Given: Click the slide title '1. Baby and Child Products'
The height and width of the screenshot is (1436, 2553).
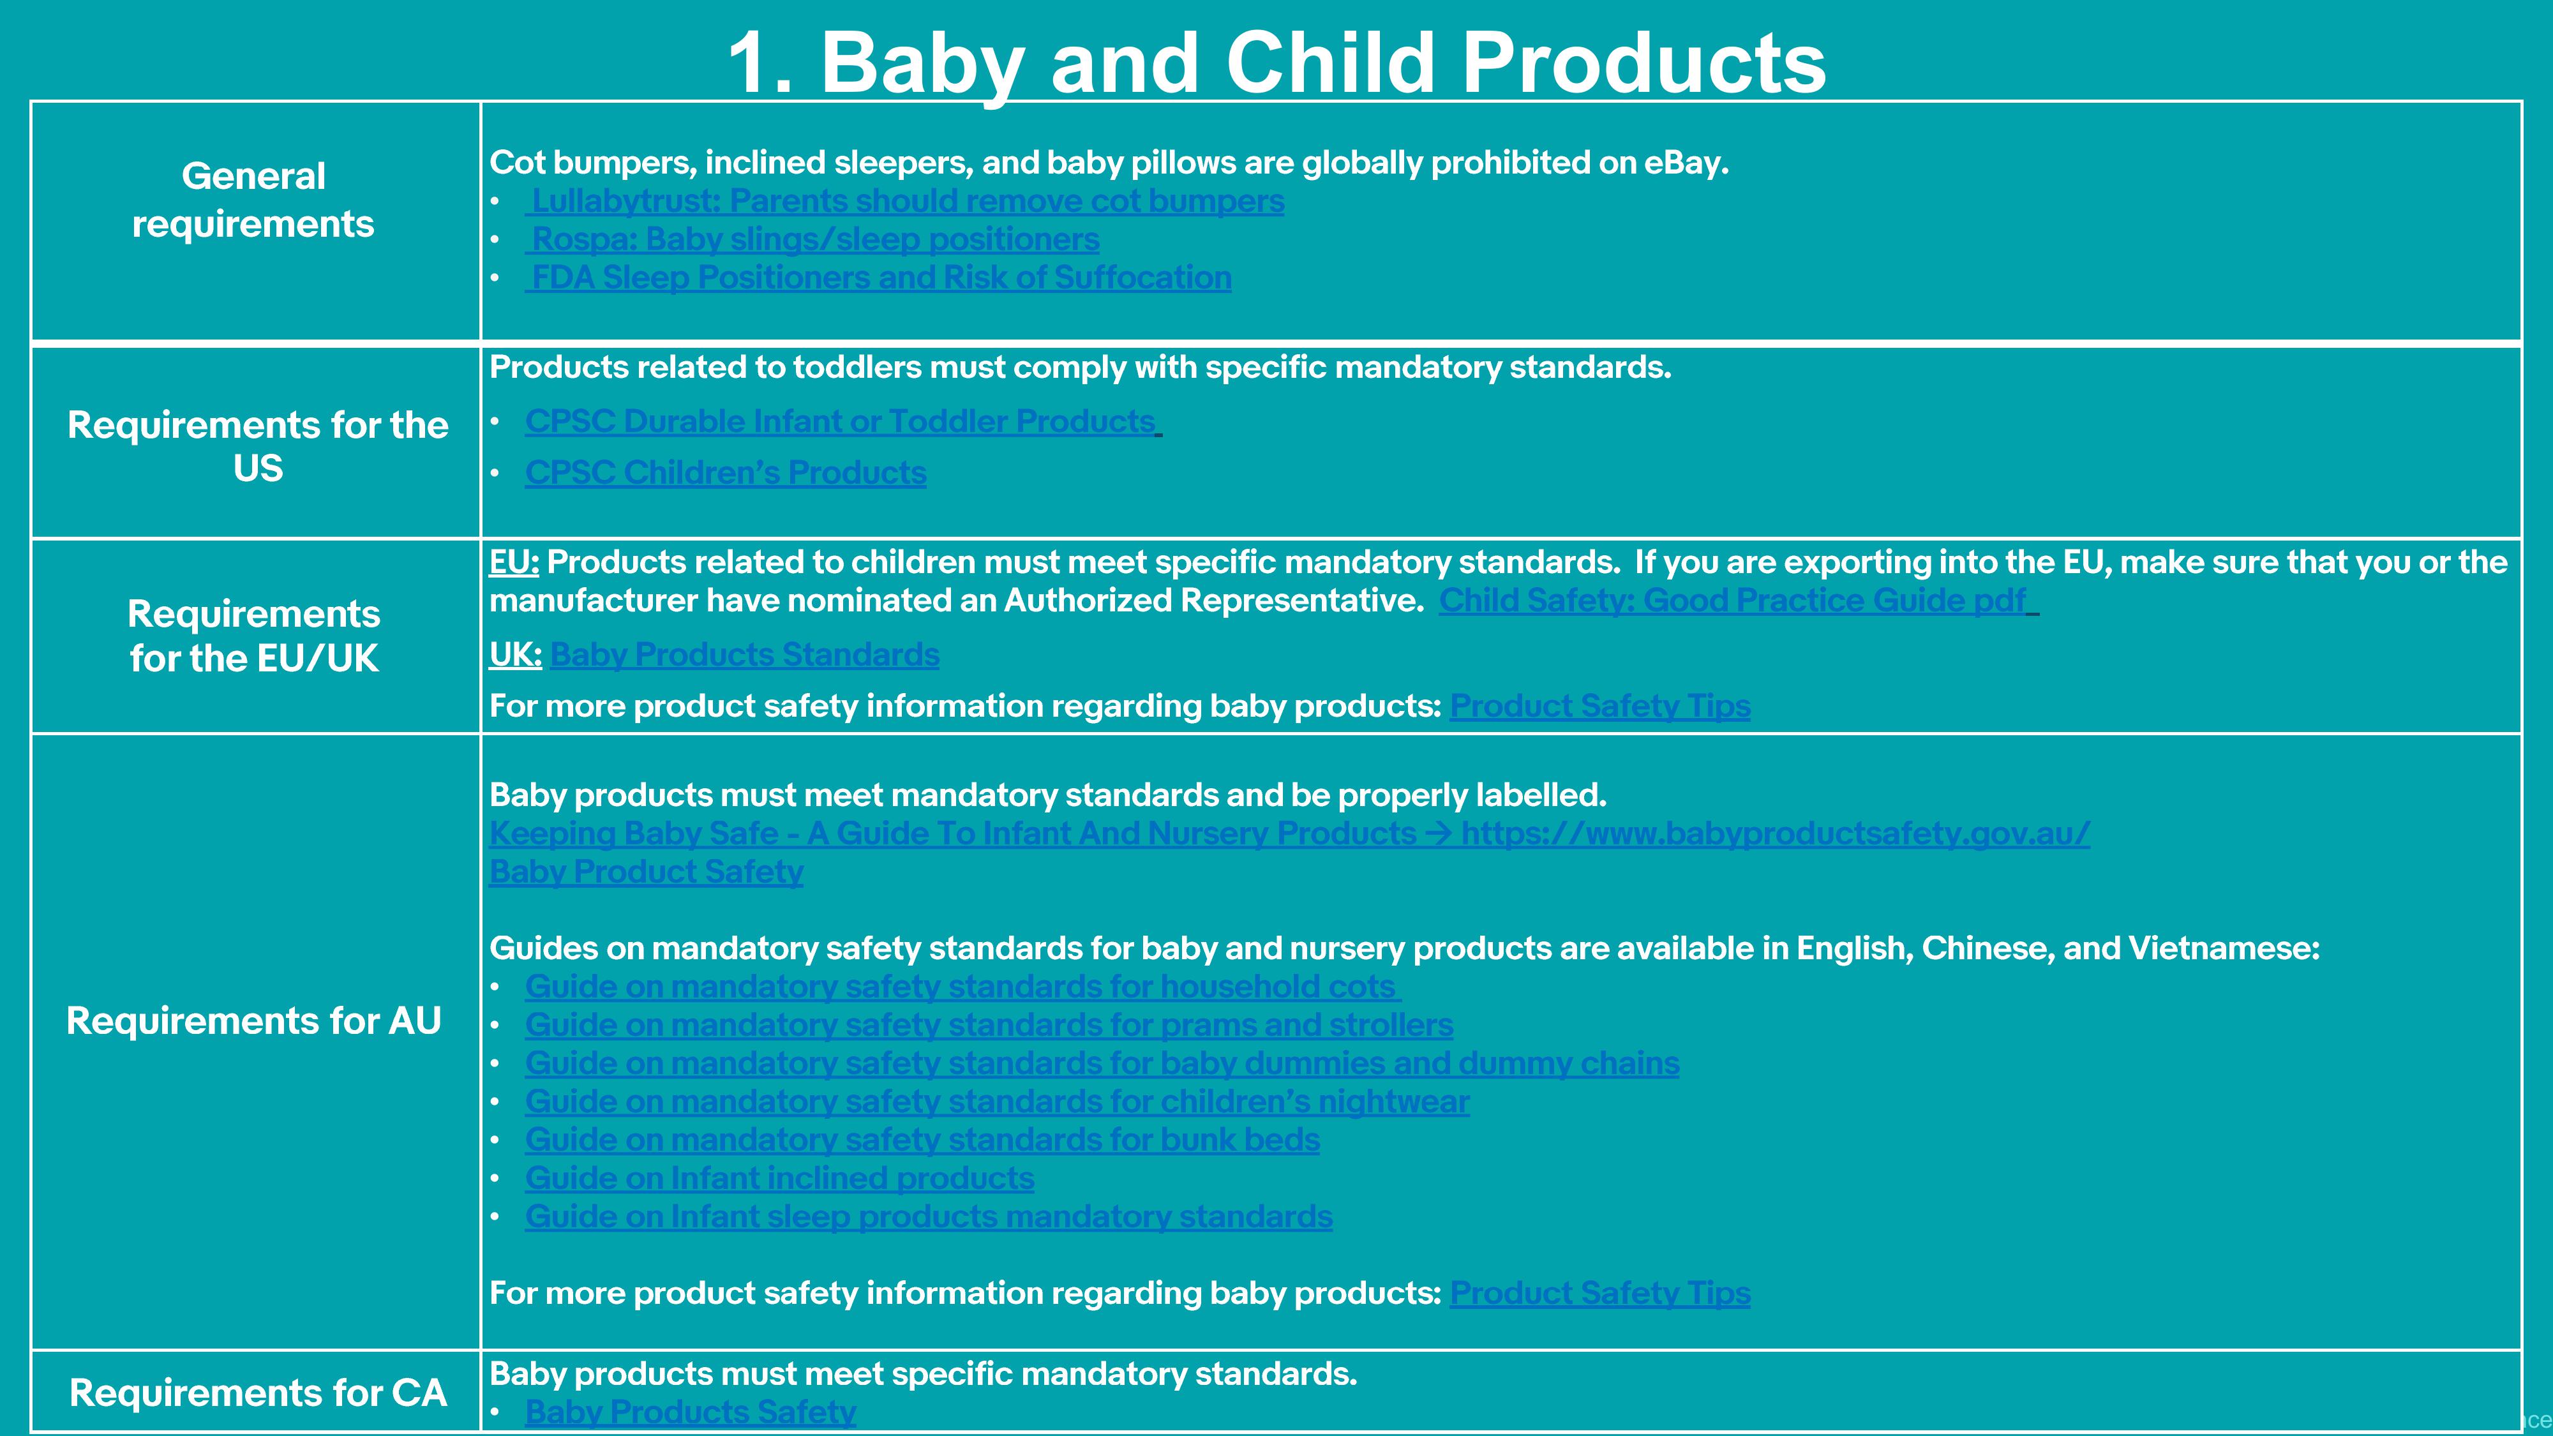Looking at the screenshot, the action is click(1276, 63).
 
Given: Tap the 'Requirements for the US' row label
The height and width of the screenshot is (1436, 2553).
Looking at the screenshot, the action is click(258, 446).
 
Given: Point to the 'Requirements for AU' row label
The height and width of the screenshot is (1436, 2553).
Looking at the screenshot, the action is click(254, 1021).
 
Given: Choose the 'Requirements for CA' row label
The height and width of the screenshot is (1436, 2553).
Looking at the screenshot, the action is click(258, 1393).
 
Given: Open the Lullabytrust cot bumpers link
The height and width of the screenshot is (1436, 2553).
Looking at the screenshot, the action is click(905, 201).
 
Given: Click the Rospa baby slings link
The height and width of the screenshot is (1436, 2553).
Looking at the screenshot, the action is click(812, 240).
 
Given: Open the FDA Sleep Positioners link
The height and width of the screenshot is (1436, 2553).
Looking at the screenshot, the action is click(879, 278).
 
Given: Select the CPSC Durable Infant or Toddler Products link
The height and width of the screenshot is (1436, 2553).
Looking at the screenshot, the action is click(841, 422).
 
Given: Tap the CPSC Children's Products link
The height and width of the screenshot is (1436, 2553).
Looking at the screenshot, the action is click(726, 473).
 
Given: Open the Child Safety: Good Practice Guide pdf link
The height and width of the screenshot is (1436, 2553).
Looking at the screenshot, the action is click(1734, 601).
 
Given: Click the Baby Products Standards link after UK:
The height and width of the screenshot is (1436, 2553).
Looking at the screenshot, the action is click(744, 655).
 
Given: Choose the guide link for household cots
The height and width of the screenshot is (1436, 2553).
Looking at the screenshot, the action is click(961, 987).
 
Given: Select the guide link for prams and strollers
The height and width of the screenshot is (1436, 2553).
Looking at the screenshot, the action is click(989, 1025).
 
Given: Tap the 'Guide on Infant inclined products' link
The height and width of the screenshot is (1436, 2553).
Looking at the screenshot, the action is click(780, 1178).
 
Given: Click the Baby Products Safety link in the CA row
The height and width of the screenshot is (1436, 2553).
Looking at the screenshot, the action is click(691, 1412).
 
